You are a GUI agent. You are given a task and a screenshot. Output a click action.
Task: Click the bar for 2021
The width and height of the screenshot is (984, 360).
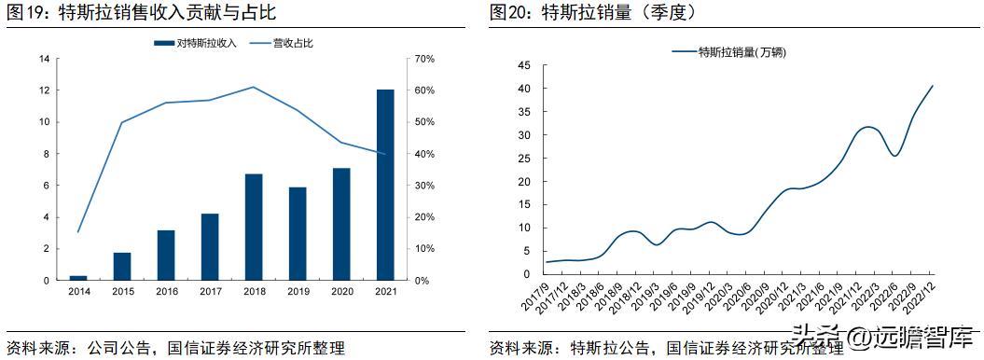[x=385, y=185]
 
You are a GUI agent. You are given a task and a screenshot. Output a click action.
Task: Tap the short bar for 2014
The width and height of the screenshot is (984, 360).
[x=78, y=277]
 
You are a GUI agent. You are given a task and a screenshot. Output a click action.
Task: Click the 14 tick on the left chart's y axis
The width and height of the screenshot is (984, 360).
[x=44, y=59]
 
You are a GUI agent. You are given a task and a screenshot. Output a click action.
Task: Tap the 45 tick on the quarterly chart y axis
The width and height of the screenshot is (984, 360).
[x=523, y=65]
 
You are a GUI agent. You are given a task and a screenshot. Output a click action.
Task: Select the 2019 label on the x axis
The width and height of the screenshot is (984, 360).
[x=298, y=292]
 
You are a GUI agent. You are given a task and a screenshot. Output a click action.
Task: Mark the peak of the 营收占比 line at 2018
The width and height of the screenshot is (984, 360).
[x=254, y=87]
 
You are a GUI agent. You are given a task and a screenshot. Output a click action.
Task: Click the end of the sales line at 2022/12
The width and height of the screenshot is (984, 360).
[x=933, y=86]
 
